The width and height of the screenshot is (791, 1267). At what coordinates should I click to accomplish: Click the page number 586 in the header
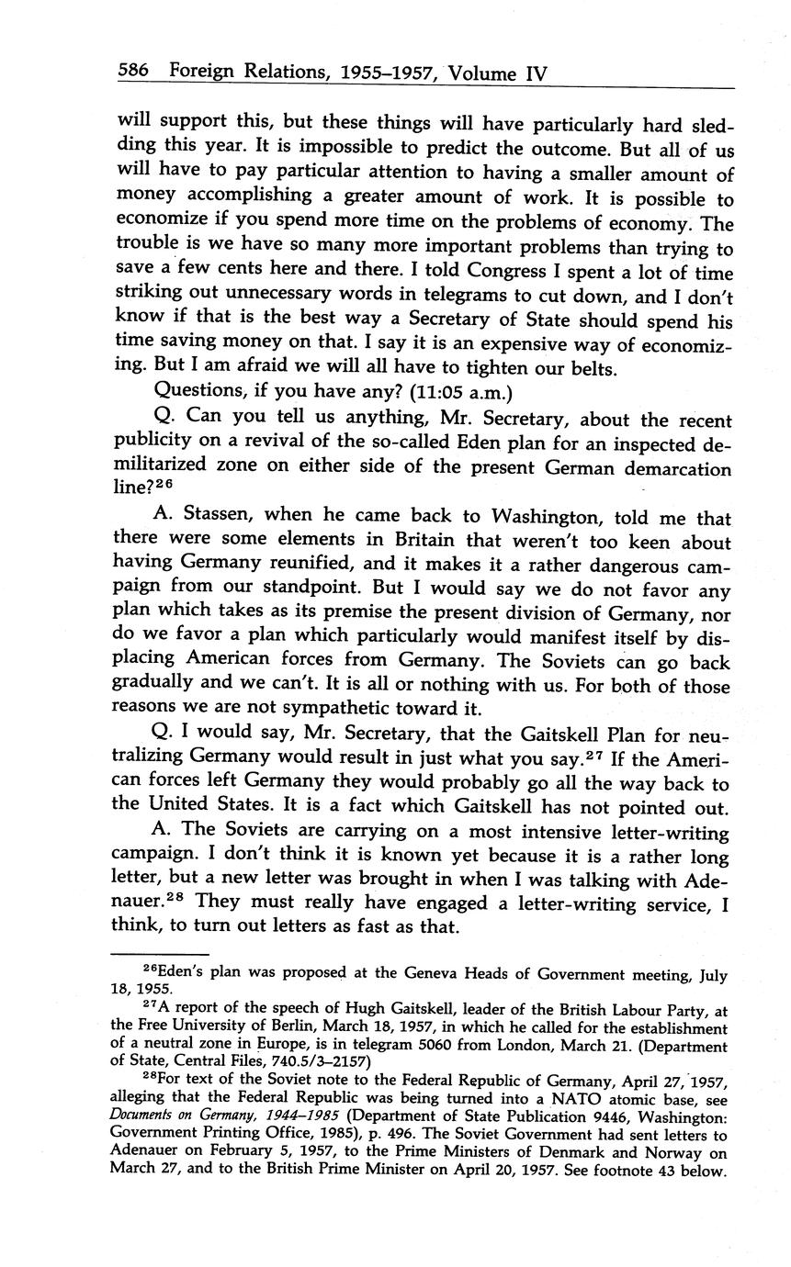tap(135, 72)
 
